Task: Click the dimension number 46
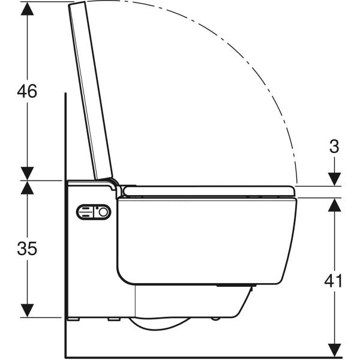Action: coord(27,91)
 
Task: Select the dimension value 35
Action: coord(27,248)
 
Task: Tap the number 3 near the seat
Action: coord(334,146)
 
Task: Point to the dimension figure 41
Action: coord(334,280)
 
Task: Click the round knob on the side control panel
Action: coord(103,212)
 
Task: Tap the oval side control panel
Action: coord(93,212)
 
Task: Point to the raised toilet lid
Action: coord(91,90)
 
